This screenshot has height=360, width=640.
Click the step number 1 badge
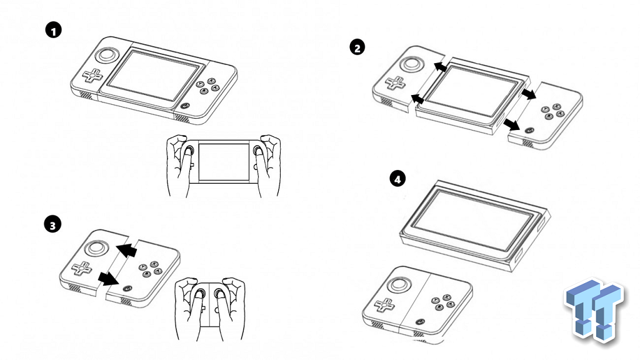(x=54, y=30)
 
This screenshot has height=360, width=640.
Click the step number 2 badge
(x=357, y=47)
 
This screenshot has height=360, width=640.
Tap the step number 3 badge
(x=52, y=225)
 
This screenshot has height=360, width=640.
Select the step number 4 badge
(x=397, y=178)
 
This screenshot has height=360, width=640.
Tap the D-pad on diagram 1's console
(x=94, y=76)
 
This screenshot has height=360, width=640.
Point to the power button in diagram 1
(x=185, y=106)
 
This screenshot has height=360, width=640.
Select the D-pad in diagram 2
(x=396, y=83)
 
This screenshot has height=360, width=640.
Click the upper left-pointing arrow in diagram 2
(x=440, y=66)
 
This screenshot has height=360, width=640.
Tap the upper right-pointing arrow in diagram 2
(x=529, y=94)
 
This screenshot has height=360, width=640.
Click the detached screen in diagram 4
(x=475, y=225)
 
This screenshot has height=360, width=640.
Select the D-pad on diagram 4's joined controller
(x=385, y=304)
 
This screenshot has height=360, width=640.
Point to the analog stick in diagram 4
(x=399, y=285)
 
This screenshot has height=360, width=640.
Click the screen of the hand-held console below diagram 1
(x=224, y=162)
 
